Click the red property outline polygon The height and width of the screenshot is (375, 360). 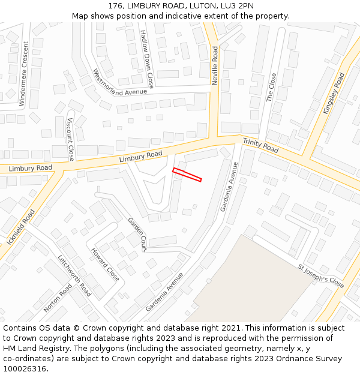click(187, 175)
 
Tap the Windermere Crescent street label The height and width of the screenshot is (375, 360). click(23, 73)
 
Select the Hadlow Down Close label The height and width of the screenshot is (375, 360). click(147, 59)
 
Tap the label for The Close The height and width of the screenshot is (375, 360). click(271, 88)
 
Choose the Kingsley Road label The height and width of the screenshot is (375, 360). click(334, 94)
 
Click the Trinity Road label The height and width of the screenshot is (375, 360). click(260, 145)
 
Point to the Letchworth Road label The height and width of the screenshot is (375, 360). click(74, 276)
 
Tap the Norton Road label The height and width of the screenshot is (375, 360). click(58, 298)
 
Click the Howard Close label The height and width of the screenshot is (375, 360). click(105, 265)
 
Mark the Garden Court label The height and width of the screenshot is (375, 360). click(137, 234)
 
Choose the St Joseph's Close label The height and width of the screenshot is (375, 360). click(321, 275)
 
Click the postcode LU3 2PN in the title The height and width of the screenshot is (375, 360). click(232, 5)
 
